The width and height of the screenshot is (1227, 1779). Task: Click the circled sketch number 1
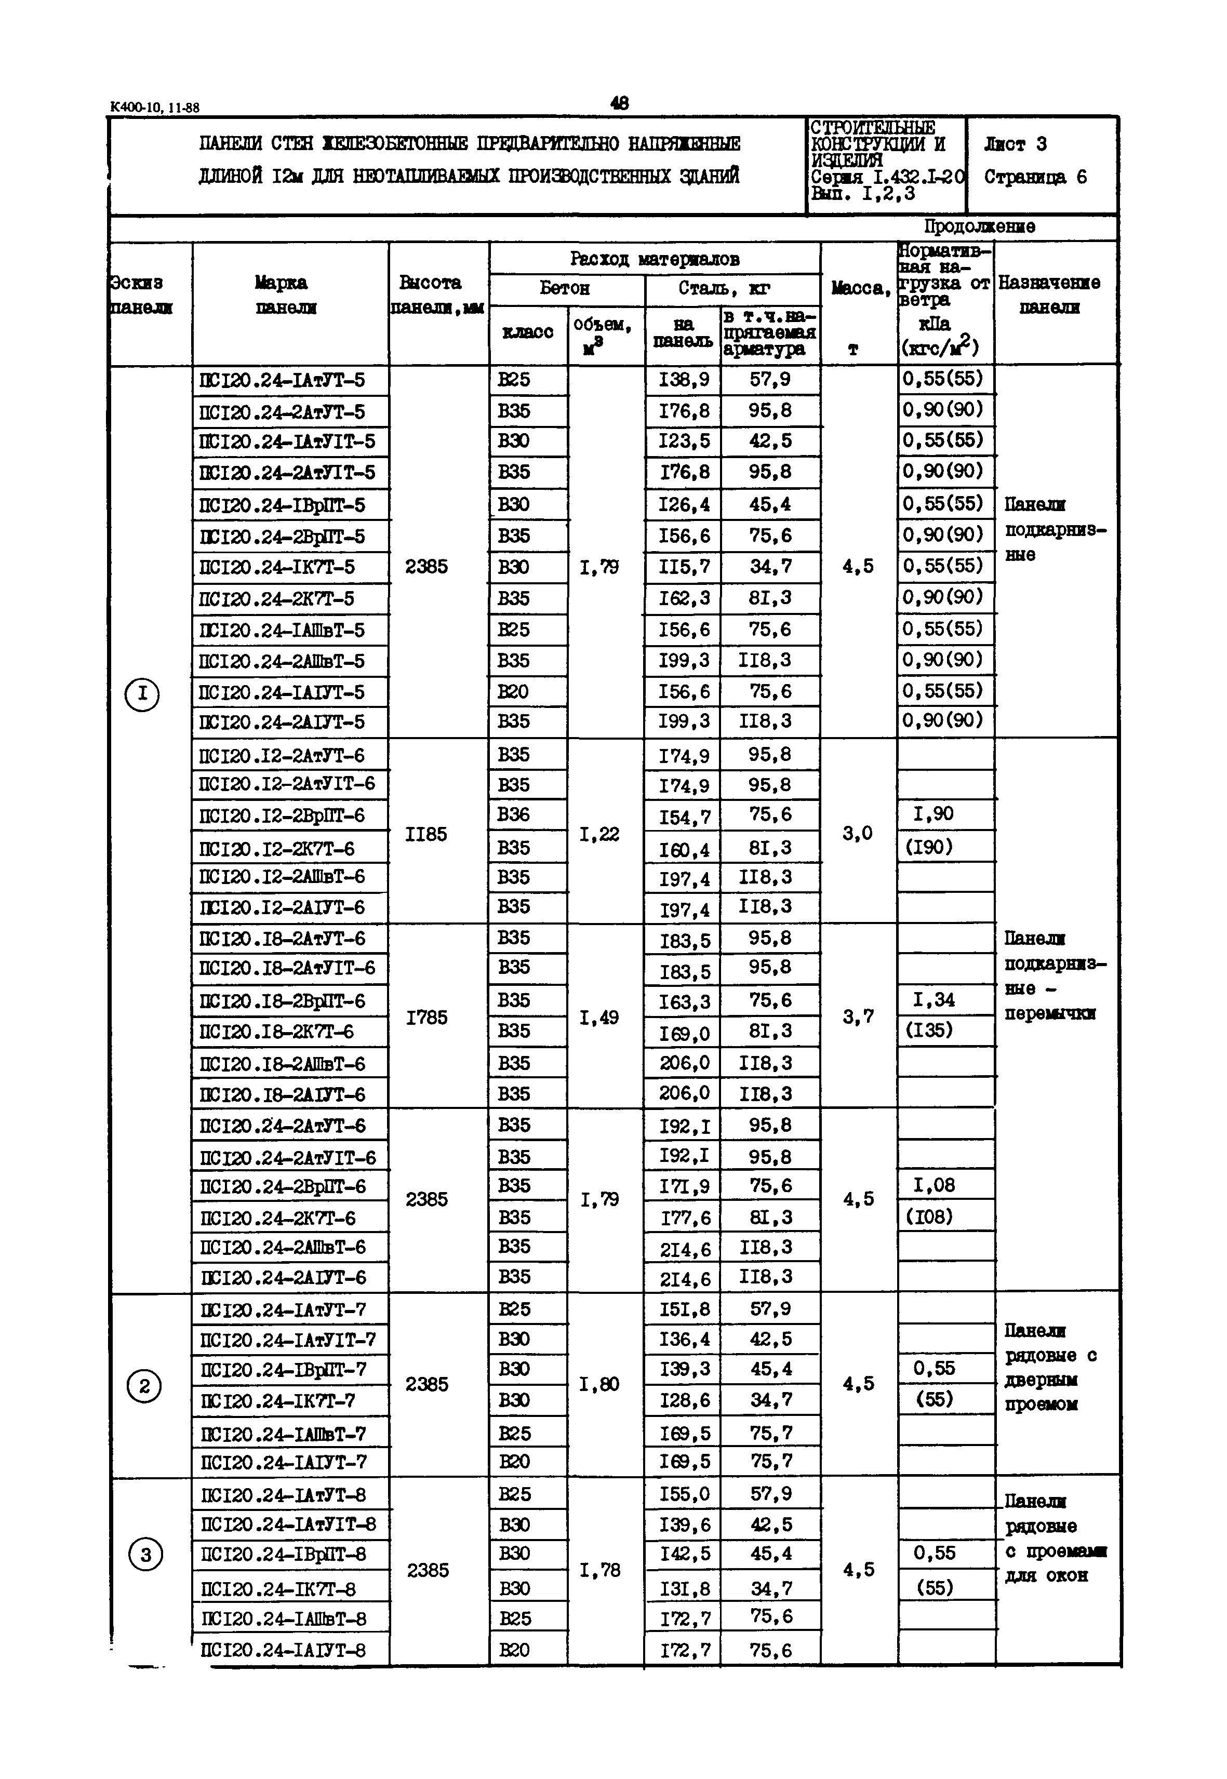click(x=141, y=695)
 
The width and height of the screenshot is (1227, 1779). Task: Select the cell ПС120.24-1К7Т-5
click(x=277, y=567)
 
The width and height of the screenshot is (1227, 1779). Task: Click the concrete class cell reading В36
click(x=514, y=814)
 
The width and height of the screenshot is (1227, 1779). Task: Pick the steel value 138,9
click(x=684, y=380)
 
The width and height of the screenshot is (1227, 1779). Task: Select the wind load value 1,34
click(x=933, y=999)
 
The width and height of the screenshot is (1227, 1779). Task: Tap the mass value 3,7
click(x=858, y=1017)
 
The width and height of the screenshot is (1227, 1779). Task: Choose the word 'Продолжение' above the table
click(x=979, y=227)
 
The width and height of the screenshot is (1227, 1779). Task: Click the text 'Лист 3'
click(x=1015, y=144)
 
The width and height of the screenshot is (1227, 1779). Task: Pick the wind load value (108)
click(x=933, y=1216)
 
